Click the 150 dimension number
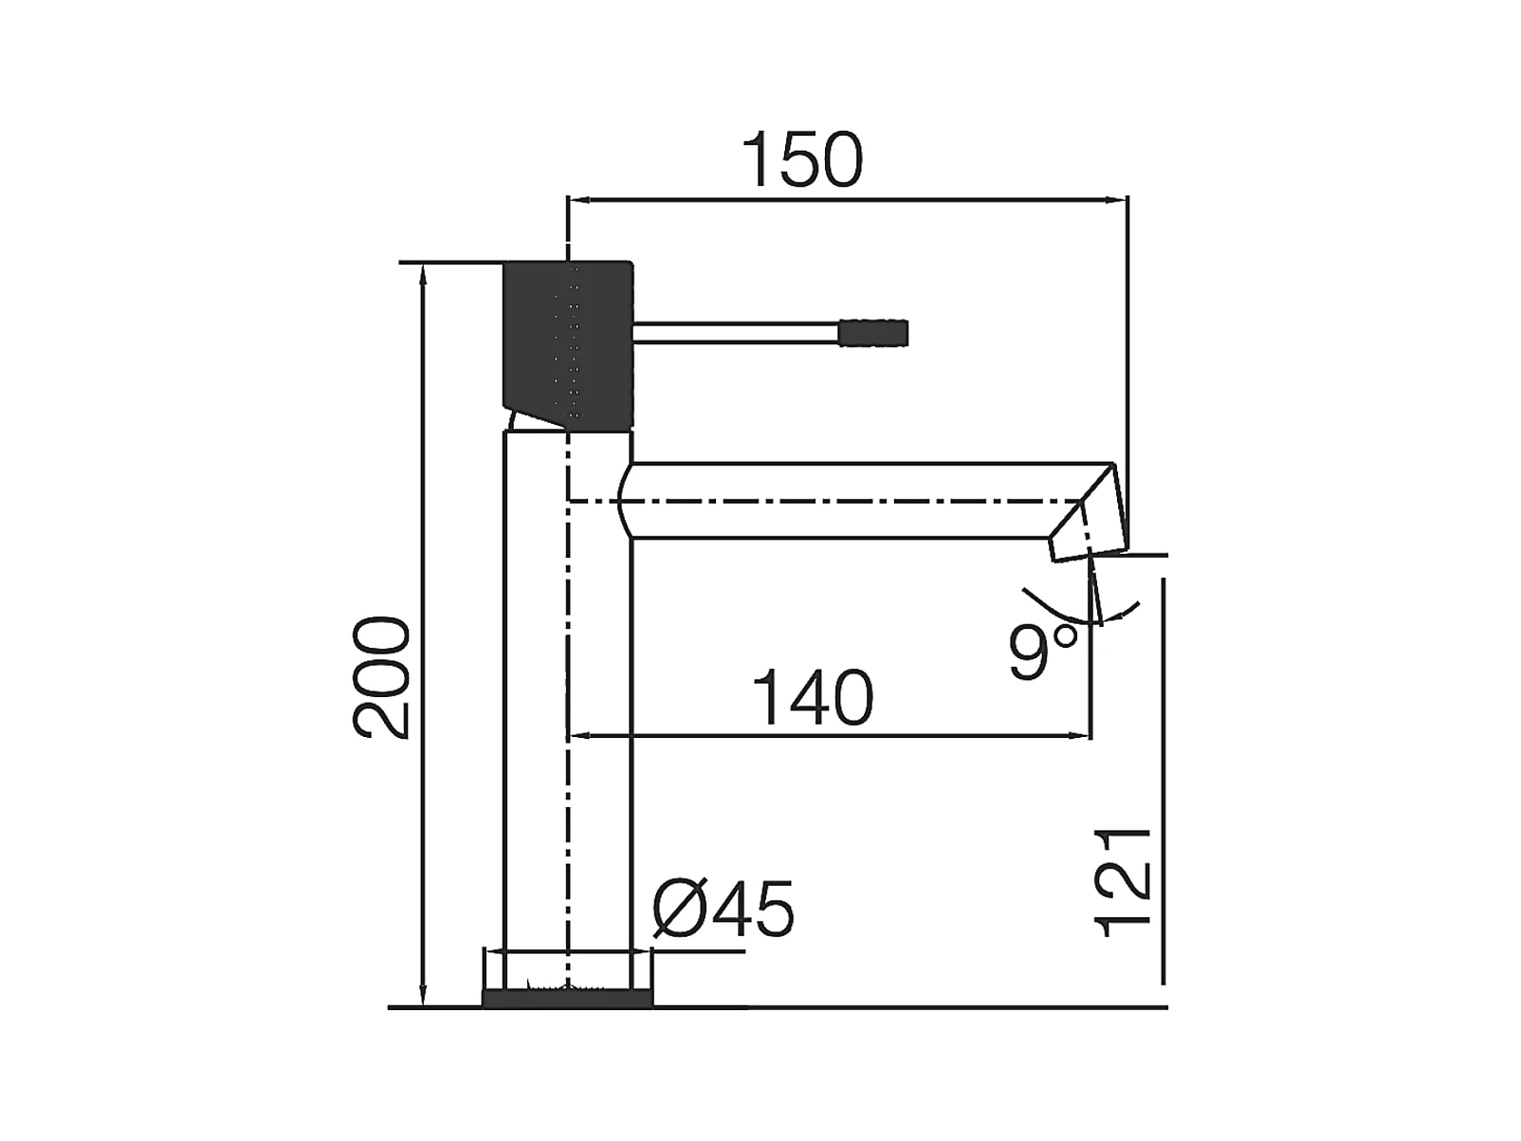pos(802,160)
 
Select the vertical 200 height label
pos(382,677)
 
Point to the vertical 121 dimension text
pos(1124,883)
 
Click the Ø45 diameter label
pos(724,910)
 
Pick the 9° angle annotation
pos(1042,652)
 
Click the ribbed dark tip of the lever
pos(873,333)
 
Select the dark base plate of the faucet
pos(567,998)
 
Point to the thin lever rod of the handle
pos(735,333)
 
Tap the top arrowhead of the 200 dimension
pos(423,271)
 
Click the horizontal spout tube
pos(853,500)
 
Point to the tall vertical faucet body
pos(567,711)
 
